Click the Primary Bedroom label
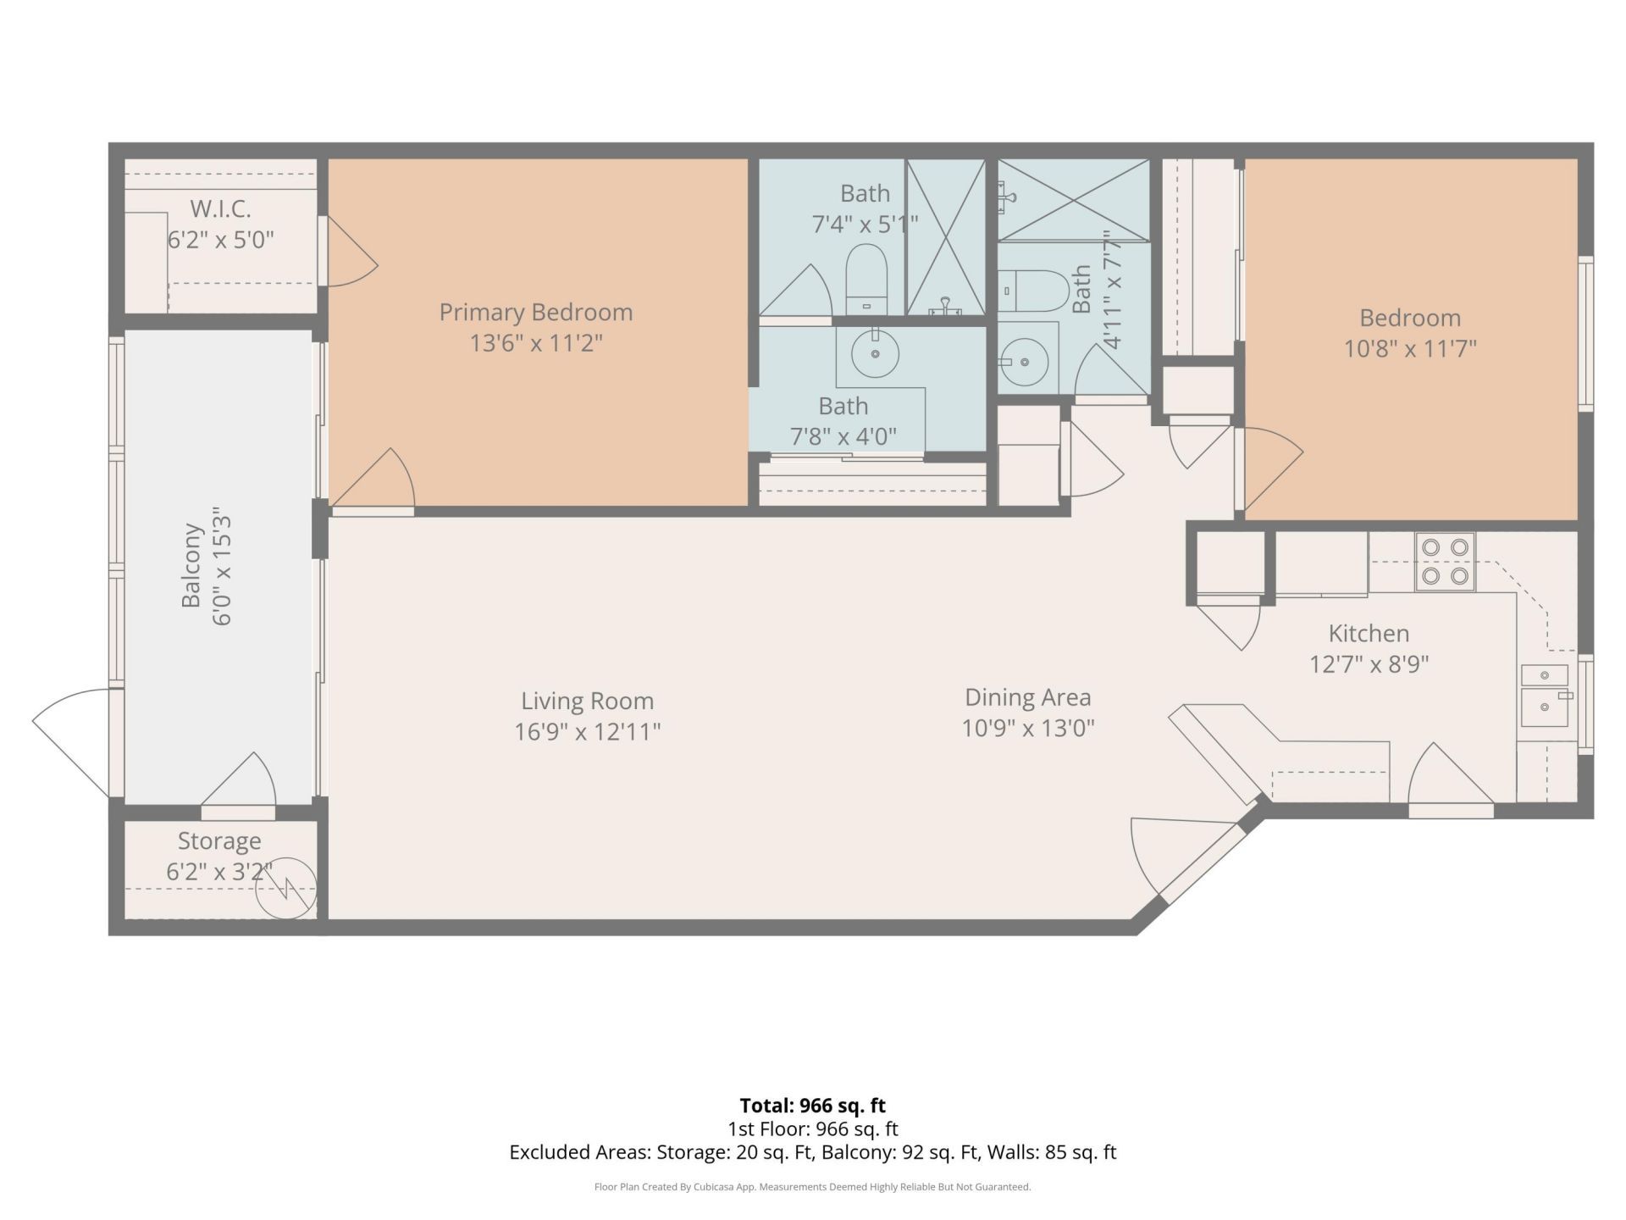click(x=535, y=313)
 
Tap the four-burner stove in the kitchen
click(x=1445, y=562)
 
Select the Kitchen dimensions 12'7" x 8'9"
click(x=1369, y=663)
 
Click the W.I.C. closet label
click(x=220, y=208)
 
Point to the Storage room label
click(x=219, y=841)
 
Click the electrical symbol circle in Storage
click(x=286, y=889)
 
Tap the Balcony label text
click(x=192, y=566)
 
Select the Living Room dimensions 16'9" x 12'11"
click(x=587, y=731)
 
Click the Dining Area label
click(x=1027, y=697)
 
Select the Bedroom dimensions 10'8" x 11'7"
click(x=1410, y=348)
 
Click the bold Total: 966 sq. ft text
click(x=812, y=1106)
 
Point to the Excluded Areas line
click(x=812, y=1152)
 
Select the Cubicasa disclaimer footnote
click(x=812, y=1187)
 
